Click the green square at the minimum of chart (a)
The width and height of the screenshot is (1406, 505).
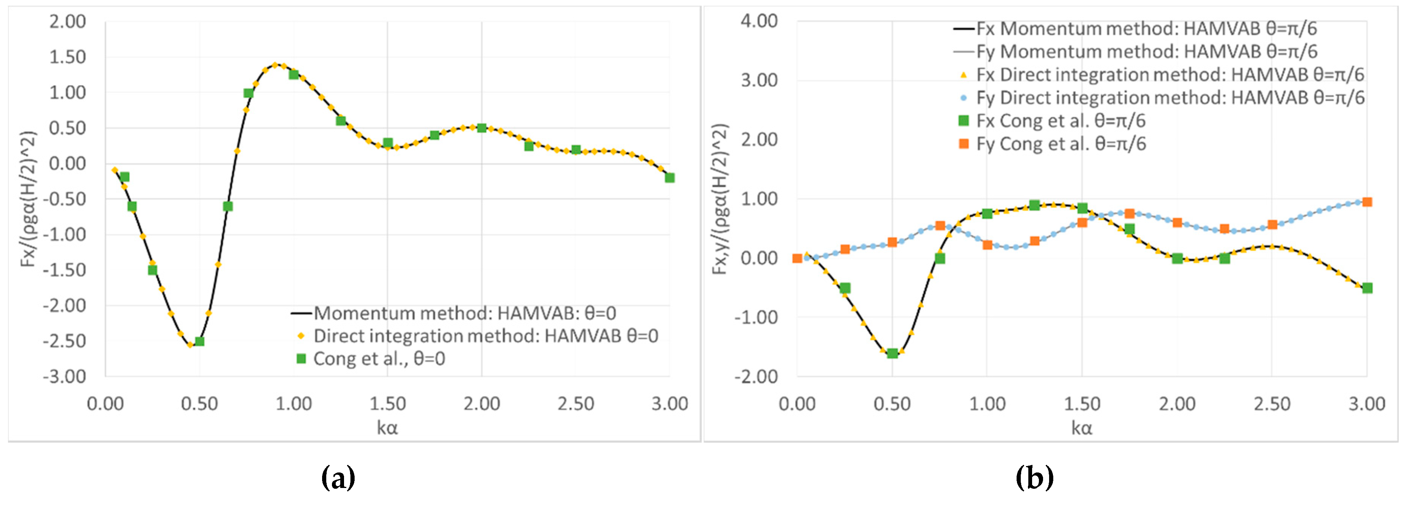tap(199, 341)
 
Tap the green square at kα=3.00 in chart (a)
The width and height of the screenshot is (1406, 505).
tap(670, 177)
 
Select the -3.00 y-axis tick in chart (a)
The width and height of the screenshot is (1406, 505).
tap(65, 377)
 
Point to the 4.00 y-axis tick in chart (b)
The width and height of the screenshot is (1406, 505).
tap(759, 21)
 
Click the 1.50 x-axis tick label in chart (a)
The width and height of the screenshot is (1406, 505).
tap(388, 404)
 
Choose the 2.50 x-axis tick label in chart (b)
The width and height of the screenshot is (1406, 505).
tap(1272, 404)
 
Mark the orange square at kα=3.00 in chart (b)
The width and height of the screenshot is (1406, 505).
tap(1367, 202)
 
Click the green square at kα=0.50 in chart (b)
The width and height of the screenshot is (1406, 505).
tap(892, 353)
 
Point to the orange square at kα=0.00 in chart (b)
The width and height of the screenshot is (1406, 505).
tap(797, 258)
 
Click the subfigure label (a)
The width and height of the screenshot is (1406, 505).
tap(338, 478)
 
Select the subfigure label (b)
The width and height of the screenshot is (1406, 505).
tap(1034, 478)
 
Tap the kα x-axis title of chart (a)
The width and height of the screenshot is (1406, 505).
tap(388, 427)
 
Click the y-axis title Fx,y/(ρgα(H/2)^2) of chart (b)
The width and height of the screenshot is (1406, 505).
tap(721, 199)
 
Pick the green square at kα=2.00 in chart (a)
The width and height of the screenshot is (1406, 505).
tap(481, 128)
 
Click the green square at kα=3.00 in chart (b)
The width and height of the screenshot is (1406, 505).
tap(1367, 288)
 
